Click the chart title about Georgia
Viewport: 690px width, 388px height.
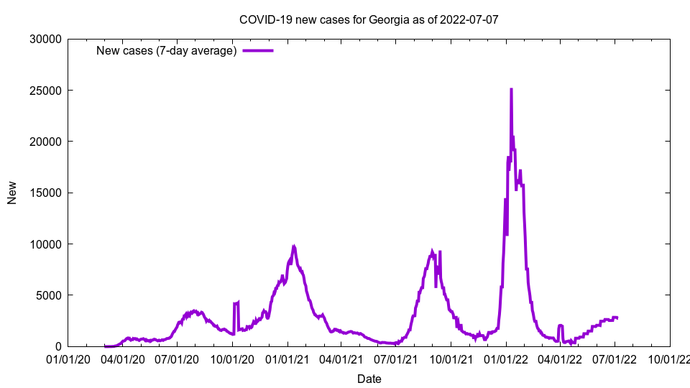tap(369, 19)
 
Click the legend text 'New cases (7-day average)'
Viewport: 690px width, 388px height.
tap(167, 51)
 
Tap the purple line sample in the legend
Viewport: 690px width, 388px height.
tap(258, 51)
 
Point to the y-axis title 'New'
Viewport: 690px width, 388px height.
tap(12, 193)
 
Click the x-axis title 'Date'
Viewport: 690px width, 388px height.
tap(369, 379)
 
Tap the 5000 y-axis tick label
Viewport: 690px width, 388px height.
tap(50, 295)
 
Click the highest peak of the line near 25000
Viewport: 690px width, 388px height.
tap(511, 89)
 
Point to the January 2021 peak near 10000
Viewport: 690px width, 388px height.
tap(293, 246)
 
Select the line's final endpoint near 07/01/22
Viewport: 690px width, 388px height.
tap(617, 318)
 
